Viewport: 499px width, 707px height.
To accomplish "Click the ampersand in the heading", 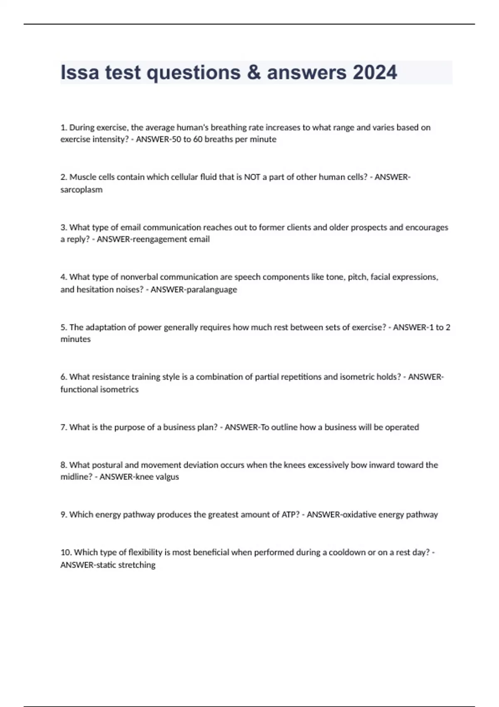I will coord(253,72).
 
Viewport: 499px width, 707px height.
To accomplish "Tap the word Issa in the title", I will coord(79,72).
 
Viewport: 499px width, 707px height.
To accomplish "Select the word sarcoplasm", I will coord(82,190).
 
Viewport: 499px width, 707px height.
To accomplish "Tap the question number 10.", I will coord(66,553).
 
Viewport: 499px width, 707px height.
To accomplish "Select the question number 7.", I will coord(64,428).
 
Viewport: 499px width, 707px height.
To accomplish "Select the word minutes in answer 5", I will coord(75,339).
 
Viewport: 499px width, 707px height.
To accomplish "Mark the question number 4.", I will coord(64,277).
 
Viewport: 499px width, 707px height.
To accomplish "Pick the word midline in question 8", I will coord(75,477).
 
